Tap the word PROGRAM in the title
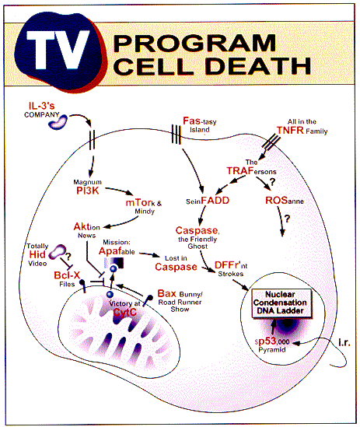point(194,43)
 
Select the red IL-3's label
point(42,106)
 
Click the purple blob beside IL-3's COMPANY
point(58,122)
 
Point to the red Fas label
point(192,121)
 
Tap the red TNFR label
point(290,130)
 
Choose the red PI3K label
point(87,191)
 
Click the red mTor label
point(138,202)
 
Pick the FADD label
point(215,201)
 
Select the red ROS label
point(276,200)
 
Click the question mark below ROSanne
point(287,218)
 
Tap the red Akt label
point(81,226)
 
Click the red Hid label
point(37,254)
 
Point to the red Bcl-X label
point(67,275)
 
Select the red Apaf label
point(110,250)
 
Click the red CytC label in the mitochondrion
point(124,312)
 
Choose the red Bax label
point(167,293)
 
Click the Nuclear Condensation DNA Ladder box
point(281,303)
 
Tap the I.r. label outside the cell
point(344,342)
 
